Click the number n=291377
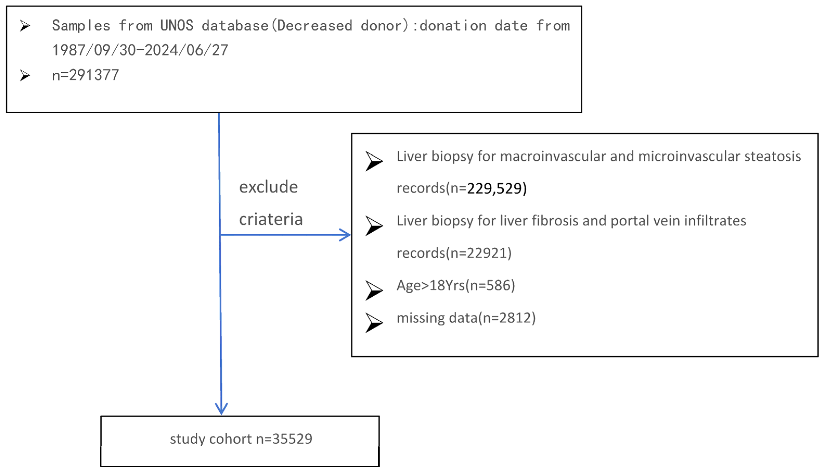point(85,75)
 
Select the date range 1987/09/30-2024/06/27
point(140,50)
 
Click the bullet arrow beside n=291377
point(25,75)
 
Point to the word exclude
point(268,187)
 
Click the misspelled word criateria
point(271,219)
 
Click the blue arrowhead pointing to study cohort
point(221,409)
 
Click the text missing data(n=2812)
point(466,318)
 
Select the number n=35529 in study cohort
point(284,439)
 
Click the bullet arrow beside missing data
point(374,323)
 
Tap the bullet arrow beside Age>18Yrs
point(374,290)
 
